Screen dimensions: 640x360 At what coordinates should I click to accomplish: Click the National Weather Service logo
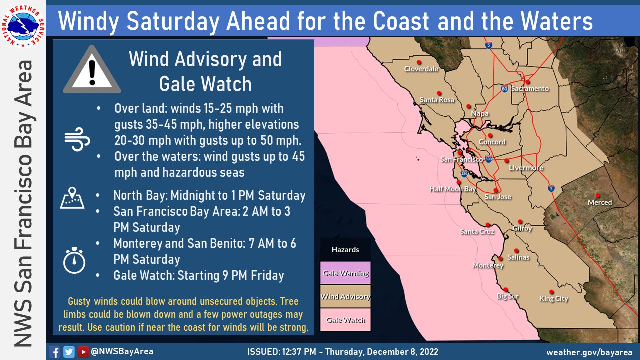tap(23, 26)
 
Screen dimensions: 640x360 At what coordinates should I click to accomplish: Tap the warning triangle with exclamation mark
tap(92, 70)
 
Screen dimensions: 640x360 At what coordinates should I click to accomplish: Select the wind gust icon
tap(77, 139)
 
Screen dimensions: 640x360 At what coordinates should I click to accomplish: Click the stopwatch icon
tap(74, 260)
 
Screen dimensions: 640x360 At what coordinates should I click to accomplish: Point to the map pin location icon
tap(72, 198)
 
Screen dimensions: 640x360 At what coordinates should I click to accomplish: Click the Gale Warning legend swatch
tap(345, 273)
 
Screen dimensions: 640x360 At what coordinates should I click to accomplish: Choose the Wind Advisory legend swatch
tap(345, 296)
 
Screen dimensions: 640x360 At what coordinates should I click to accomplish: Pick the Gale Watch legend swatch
tap(345, 320)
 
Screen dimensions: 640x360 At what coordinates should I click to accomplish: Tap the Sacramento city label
tap(530, 89)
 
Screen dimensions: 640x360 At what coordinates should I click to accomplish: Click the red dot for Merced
tap(597, 196)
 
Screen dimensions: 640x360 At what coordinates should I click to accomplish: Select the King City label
tap(553, 299)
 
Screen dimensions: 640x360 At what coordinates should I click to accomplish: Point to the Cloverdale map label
tap(421, 69)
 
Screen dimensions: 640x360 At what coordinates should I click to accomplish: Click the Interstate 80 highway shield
tap(505, 88)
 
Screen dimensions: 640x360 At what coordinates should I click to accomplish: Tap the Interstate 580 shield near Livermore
tap(489, 159)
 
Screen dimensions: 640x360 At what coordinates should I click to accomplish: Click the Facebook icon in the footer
tap(54, 352)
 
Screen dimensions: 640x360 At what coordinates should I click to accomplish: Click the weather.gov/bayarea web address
tap(589, 352)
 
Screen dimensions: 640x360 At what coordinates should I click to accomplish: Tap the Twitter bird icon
tap(69, 352)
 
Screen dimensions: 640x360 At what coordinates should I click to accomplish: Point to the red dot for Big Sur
tap(505, 289)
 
